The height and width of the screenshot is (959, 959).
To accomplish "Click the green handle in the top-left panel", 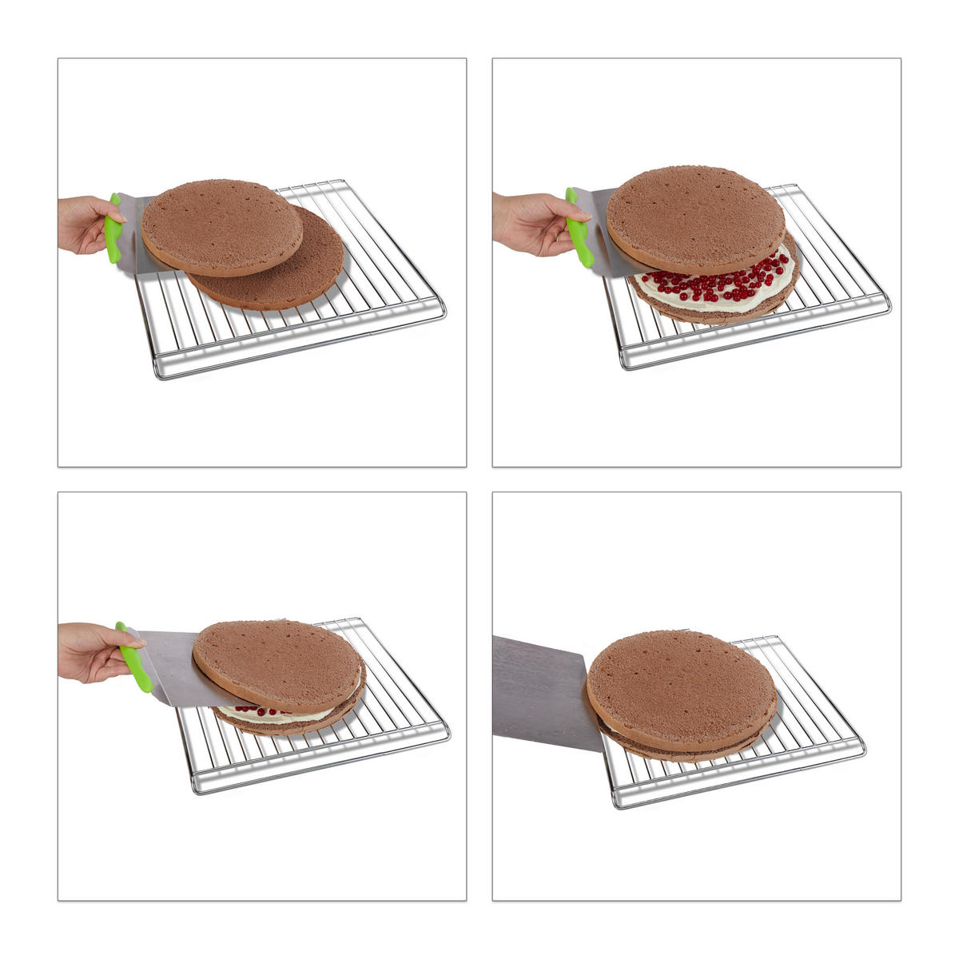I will (114, 229).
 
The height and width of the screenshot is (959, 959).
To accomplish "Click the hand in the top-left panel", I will (82, 224).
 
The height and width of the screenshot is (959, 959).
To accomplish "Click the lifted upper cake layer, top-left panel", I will (221, 227).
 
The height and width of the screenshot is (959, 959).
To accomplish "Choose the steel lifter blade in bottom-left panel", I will (172, 663).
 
